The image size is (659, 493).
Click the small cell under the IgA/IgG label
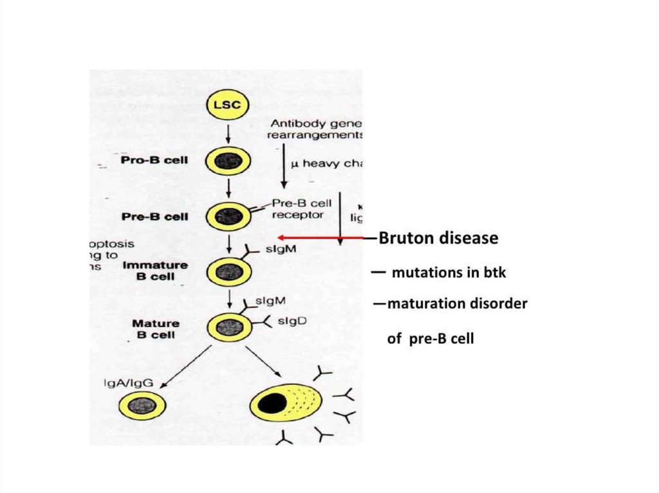coord(142,406)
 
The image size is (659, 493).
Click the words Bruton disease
coord(438,238)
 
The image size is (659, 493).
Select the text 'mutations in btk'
coord(449,273)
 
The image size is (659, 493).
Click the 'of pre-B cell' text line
coord(430,338)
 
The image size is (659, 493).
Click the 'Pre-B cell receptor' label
coord(298,208)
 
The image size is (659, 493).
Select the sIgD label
coord(292,321)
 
